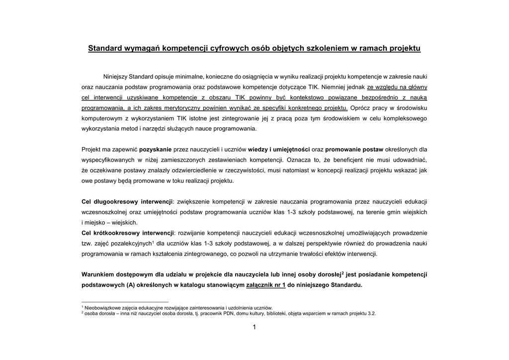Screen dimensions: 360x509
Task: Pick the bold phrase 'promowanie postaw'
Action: (354, 149)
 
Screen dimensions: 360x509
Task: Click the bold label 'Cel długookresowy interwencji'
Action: (126, 201)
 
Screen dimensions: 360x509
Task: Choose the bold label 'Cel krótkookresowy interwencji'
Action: (128, 233)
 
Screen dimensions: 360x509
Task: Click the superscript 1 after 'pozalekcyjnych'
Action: (153, 242)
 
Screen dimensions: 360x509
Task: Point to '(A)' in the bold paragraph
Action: (131, 285)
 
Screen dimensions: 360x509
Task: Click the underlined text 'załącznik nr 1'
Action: (265, 285)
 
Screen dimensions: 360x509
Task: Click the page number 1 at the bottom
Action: (254, 327)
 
